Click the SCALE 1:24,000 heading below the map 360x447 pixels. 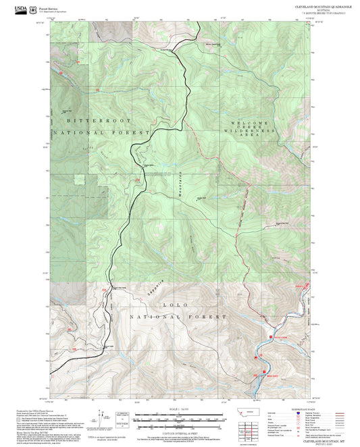tap(180, 407)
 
